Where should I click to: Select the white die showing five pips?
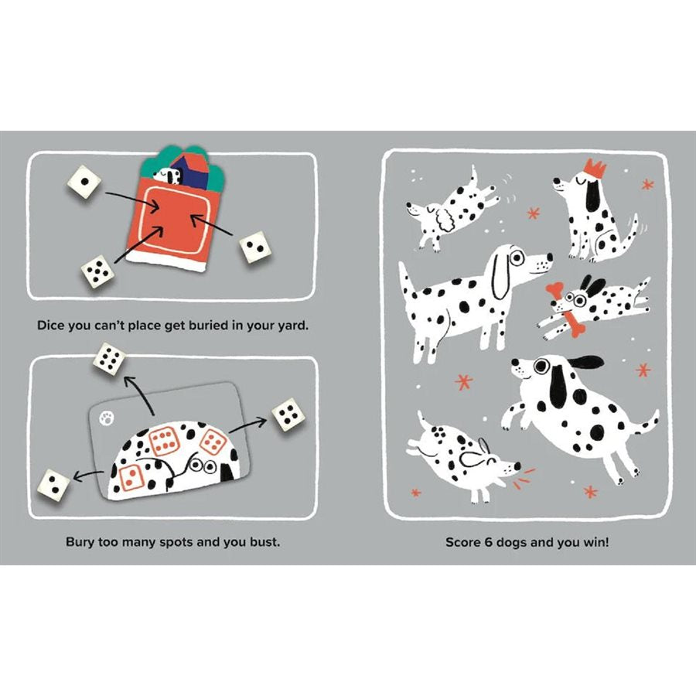98,272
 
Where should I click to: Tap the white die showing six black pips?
109,360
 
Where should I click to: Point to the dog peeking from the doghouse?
169,175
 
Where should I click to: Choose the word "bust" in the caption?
263,541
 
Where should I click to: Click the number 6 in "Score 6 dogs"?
486,541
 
